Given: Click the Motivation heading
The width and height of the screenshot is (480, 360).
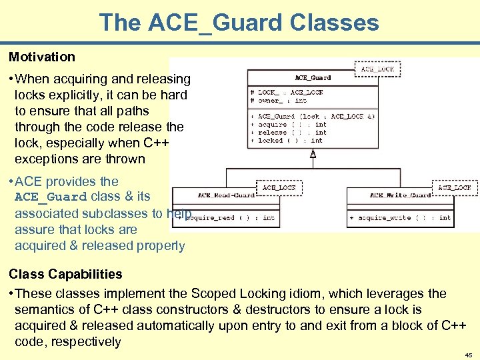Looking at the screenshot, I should (42, 57).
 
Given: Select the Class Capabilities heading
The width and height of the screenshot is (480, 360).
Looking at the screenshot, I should (65, 274).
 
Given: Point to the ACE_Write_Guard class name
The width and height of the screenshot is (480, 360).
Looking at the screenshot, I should (400, 195).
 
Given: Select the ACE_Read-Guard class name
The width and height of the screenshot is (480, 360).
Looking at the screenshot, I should (227, 195).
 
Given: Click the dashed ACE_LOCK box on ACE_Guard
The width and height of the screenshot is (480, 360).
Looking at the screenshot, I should (377, 68).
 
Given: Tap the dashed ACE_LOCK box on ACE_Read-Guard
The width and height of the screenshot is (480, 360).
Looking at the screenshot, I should (279, 187).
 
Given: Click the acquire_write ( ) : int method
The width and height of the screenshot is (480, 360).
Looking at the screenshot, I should (400, 217).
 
